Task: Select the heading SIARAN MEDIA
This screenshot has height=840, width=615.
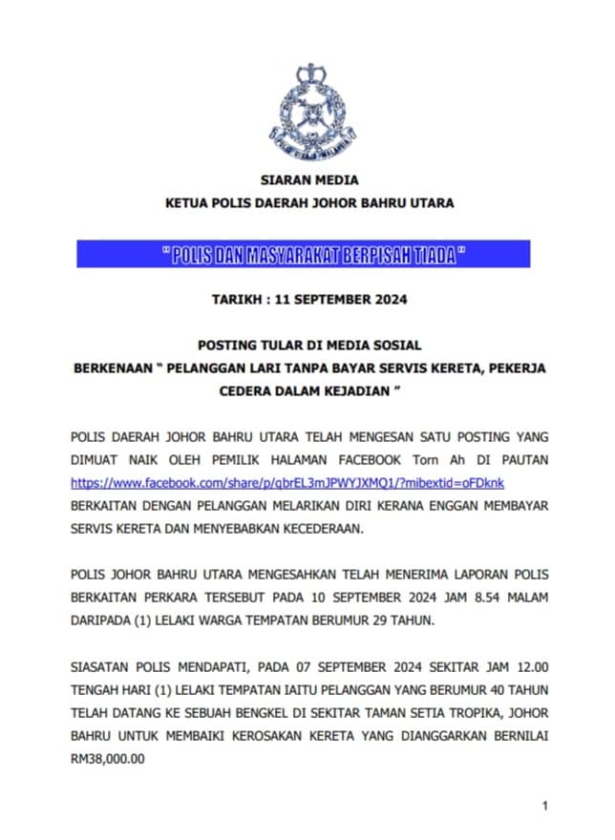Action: (309, 179)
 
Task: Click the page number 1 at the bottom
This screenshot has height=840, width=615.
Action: (544, 807)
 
